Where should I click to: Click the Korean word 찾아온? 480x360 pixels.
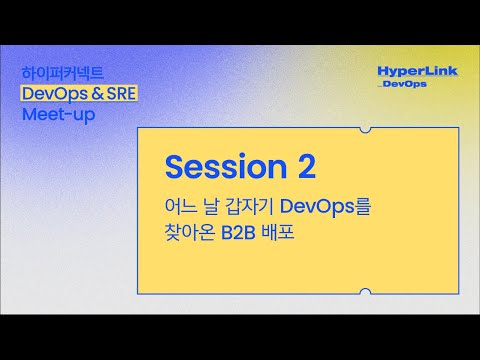191,235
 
